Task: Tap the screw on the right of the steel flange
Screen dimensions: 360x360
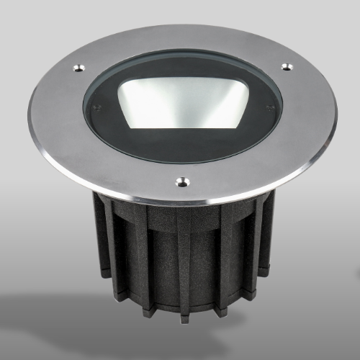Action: (287, 67)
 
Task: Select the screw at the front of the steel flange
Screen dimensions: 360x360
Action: (183, 183)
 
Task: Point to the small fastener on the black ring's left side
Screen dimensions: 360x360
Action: (96, 108)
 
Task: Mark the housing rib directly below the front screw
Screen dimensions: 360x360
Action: (184, 259)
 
